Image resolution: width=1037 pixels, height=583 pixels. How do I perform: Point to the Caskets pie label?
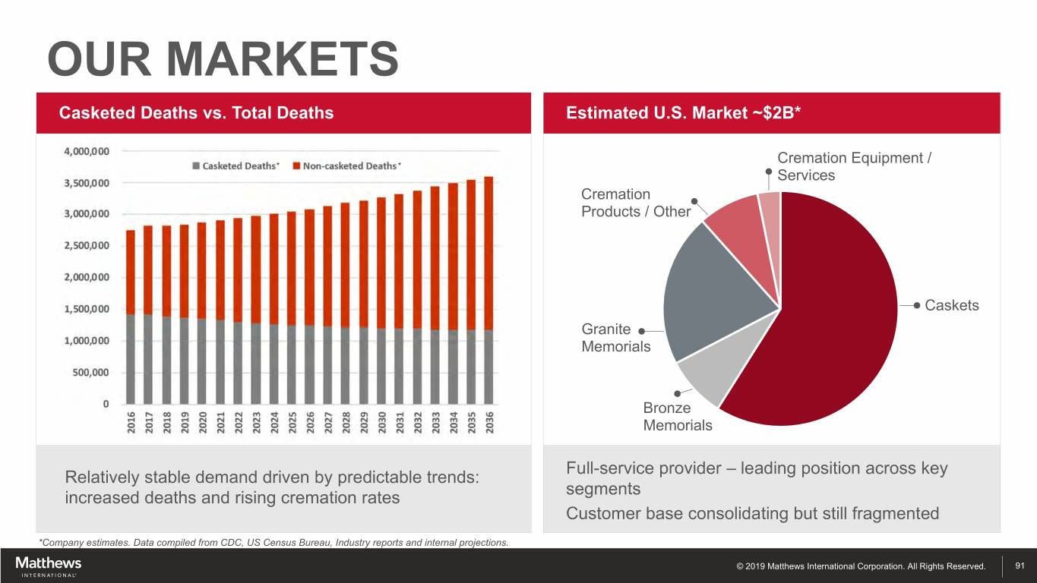click(x=951, y=305)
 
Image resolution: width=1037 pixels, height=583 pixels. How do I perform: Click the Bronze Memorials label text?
click(x=677, y=417)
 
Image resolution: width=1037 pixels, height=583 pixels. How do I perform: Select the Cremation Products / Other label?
click(x=635, y=203)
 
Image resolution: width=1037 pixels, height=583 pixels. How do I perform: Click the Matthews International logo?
click(x=48, y=566)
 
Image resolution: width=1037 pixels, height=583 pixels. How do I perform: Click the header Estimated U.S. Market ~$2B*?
click(x=684, y=113)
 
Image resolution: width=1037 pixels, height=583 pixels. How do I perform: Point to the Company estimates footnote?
click(x=273, y=541)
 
